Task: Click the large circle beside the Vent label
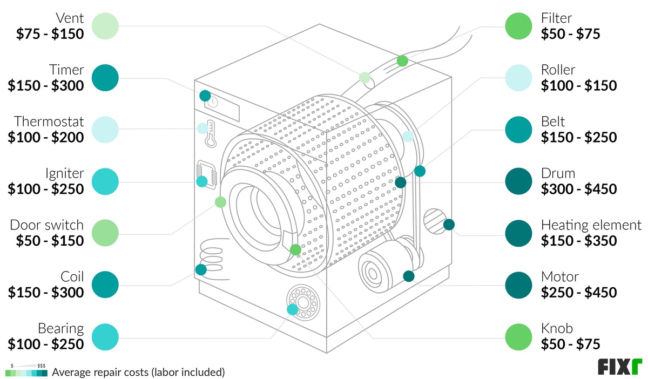[105, 25]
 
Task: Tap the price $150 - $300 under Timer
[46, 85]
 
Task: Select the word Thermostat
[49, 121]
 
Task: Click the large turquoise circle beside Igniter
[105, 181]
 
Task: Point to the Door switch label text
[47, 225]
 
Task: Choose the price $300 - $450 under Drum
[579, 189]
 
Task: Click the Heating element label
[591, 225]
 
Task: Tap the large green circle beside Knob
[518, 336]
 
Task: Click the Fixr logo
[619, 366]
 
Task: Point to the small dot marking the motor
[409, 276]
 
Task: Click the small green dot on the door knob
[295, 250]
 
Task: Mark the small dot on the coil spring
[201, 269]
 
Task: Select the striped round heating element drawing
[434, 221]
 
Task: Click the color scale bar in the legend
[26, 373]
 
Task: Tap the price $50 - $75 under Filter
[570, 34]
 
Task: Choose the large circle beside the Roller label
[518, 78]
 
